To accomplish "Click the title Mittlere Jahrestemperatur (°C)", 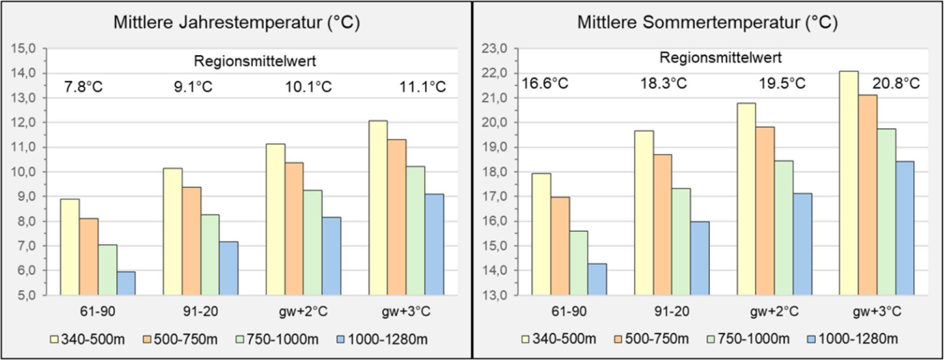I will pos(236,23).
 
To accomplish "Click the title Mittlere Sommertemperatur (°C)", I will pos(707,23).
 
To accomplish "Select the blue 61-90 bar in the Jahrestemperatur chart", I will pos(126,283).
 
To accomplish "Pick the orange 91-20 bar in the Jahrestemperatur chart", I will pos(191,241).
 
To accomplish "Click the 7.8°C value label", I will pos(83,87).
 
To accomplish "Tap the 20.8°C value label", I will pos(896,83).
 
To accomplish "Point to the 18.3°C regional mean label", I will pos(663,83).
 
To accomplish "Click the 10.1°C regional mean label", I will pos(308,87).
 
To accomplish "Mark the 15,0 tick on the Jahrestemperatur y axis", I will pos(25,49).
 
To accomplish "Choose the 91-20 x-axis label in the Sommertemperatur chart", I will pos(672,312).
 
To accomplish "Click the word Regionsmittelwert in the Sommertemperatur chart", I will pos(720,58).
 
